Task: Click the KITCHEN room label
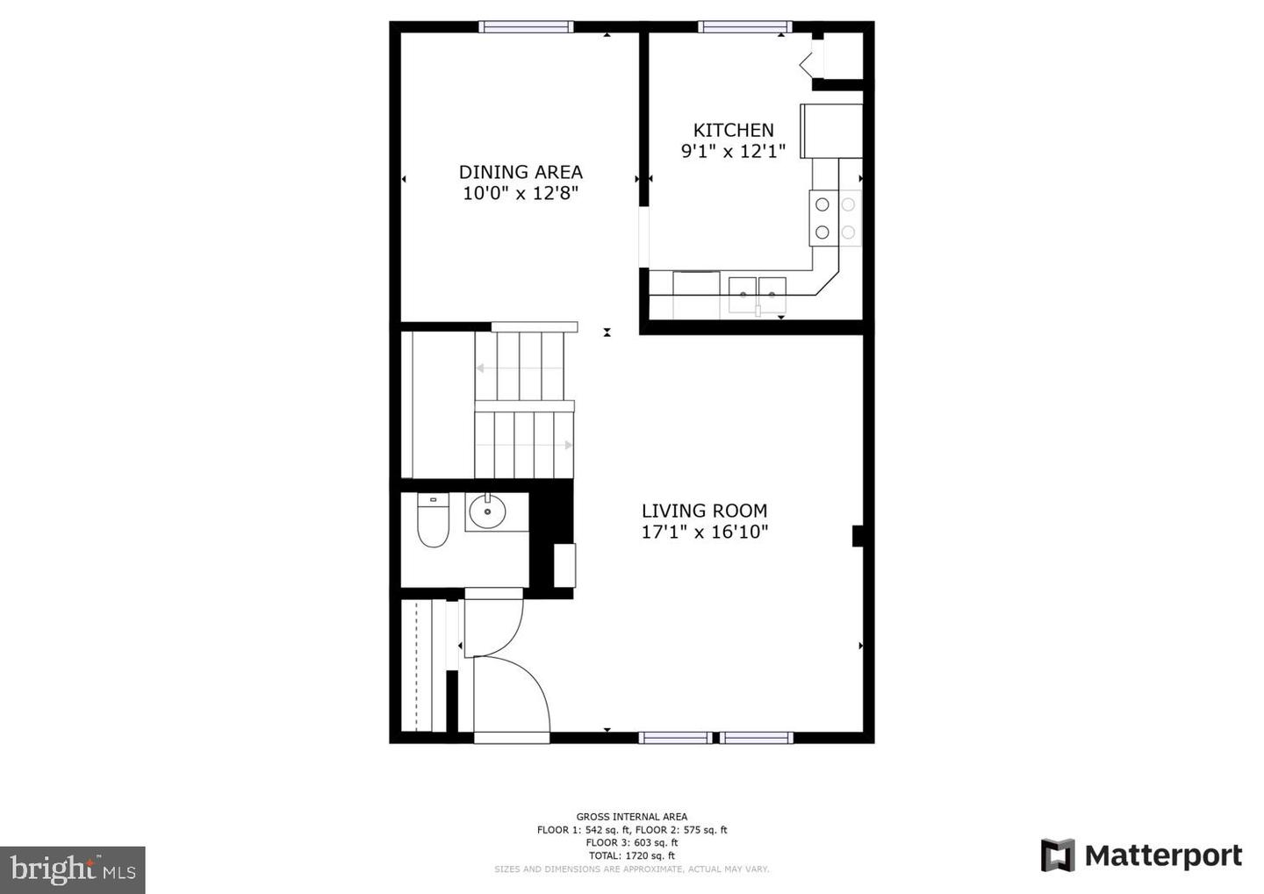pyautogui.click(x=733, y=130)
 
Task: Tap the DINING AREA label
pyautogui.click(x=521, y=172)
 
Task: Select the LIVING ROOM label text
pyautogui.click(x=704, y=511)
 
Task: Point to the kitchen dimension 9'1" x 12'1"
pyautogui.click(x=733, y=151)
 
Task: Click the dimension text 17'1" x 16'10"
pyautogui.click(x=704, y=532)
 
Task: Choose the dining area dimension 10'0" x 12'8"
pyautogui.click(x=521, y=193)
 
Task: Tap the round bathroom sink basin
pyautogui.click(x=487, y=511)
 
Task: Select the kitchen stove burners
pyautogui.click(x=835, y=218)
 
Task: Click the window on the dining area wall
pyautogui.click(x=526, y=26)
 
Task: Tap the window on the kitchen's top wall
pyautogui.click(x=744, y=26)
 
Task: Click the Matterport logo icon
pyautogui.click(x=1058, y=855)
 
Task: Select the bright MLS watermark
pyautogui.click(x=73, y=869)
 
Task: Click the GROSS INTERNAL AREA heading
pyautogui.click(x=631, y=817)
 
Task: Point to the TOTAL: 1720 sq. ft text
pyautogui.click(x=631, y=855)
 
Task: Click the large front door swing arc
pyautogui.click(x=518, y=693)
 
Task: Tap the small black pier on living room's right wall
pyautogui.click(x=858, y=536)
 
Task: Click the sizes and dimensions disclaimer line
pyautogui.click(x=631, y=869)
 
